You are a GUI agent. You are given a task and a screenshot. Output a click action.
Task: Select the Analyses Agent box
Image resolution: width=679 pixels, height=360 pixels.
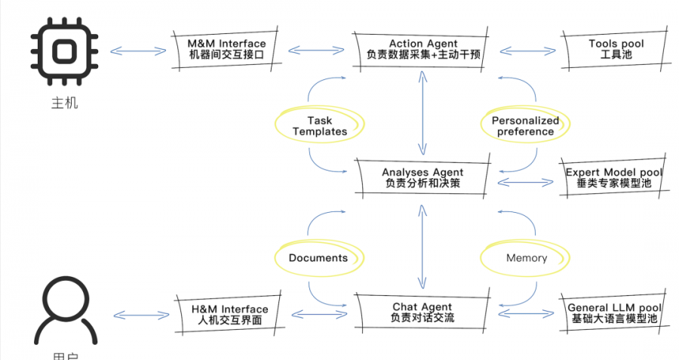coord(422,178)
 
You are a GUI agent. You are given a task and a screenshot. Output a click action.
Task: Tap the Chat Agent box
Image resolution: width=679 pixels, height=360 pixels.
coord(422,312)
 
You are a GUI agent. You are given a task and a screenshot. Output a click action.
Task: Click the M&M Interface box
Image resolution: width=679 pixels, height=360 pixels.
coord(227,50)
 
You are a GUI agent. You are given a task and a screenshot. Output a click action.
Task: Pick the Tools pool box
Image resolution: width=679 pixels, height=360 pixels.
coord(616,50)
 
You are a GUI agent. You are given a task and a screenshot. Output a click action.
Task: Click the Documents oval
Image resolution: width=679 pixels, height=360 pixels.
coord(318,258)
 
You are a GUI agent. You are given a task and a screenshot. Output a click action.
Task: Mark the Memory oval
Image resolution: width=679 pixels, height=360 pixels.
coord(527,258)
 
